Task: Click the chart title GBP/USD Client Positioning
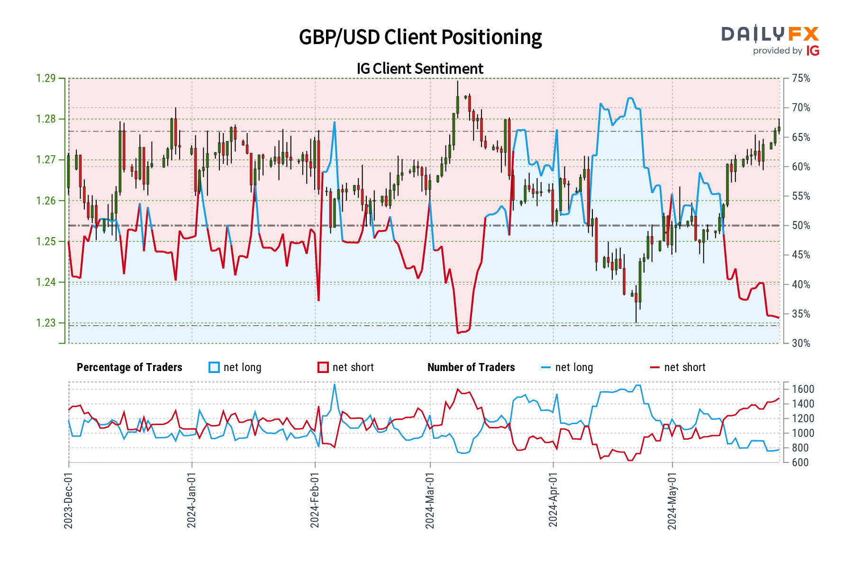tap(420, 37)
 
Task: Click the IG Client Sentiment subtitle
tap(420, 69)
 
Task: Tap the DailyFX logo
tap(770, 40)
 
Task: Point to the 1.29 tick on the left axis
tap(46, 78)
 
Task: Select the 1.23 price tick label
tap(46, 323)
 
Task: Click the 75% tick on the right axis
tap(801, 78)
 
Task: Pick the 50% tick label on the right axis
tap(801, 225)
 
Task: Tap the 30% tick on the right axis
tap(801, 343)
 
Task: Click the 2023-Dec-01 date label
tap(68, 500)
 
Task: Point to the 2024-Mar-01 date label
tap(430, 500)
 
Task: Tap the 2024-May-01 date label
tap(672, 500)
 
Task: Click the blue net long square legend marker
tap(214, 367)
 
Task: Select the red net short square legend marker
tap(323, 367)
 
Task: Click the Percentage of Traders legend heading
tap(129, 367)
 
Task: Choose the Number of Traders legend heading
tap(471, 367)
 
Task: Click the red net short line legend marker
tap(654, 367)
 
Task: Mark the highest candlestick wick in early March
tap(458, 82)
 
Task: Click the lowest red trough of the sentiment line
tap(458, 333)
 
